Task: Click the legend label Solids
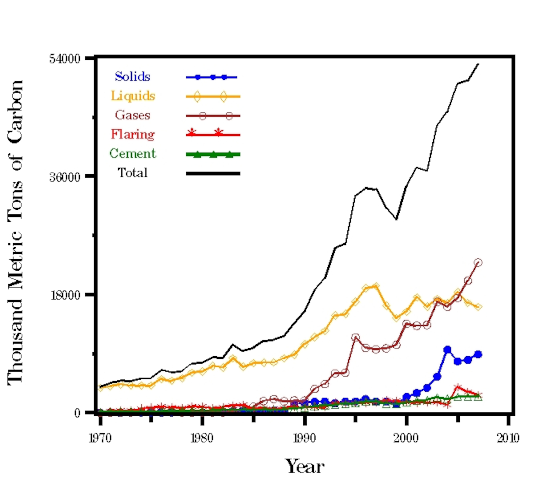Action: click(x=132, y=77)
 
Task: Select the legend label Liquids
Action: click(x=133, y=96)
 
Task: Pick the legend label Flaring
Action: click(x=133, y=134)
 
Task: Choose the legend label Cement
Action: click(x=133, y=154)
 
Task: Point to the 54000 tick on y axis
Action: click(x=65, y=59)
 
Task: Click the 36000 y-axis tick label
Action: click(x=65, y=177)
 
